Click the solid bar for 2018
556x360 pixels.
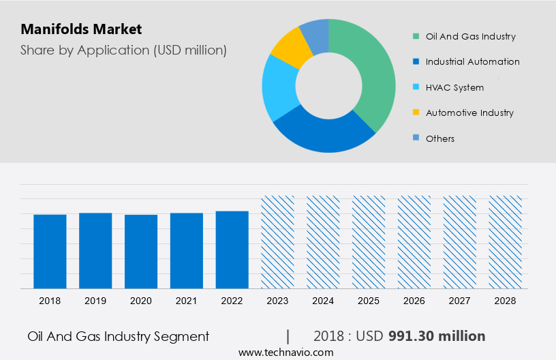point(50,252)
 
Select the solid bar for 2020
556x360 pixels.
point(141,252)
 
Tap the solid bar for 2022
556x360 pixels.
point(232,250)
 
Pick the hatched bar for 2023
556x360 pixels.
point(278,242)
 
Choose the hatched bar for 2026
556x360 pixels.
point(415,242)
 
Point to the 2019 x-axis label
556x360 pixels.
point(95,301)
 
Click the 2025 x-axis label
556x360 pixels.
point(369,301)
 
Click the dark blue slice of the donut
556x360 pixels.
point(320,134)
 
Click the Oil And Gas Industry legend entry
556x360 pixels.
point(470,36)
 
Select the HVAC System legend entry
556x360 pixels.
point(454,87)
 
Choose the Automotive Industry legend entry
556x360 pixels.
point(469,112)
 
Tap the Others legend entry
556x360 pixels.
point(439,138)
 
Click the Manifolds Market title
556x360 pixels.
point(81,29)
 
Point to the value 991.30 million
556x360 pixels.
point(437,336)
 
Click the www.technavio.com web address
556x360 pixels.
point(286,352)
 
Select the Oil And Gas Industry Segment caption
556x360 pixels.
point(119,336)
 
